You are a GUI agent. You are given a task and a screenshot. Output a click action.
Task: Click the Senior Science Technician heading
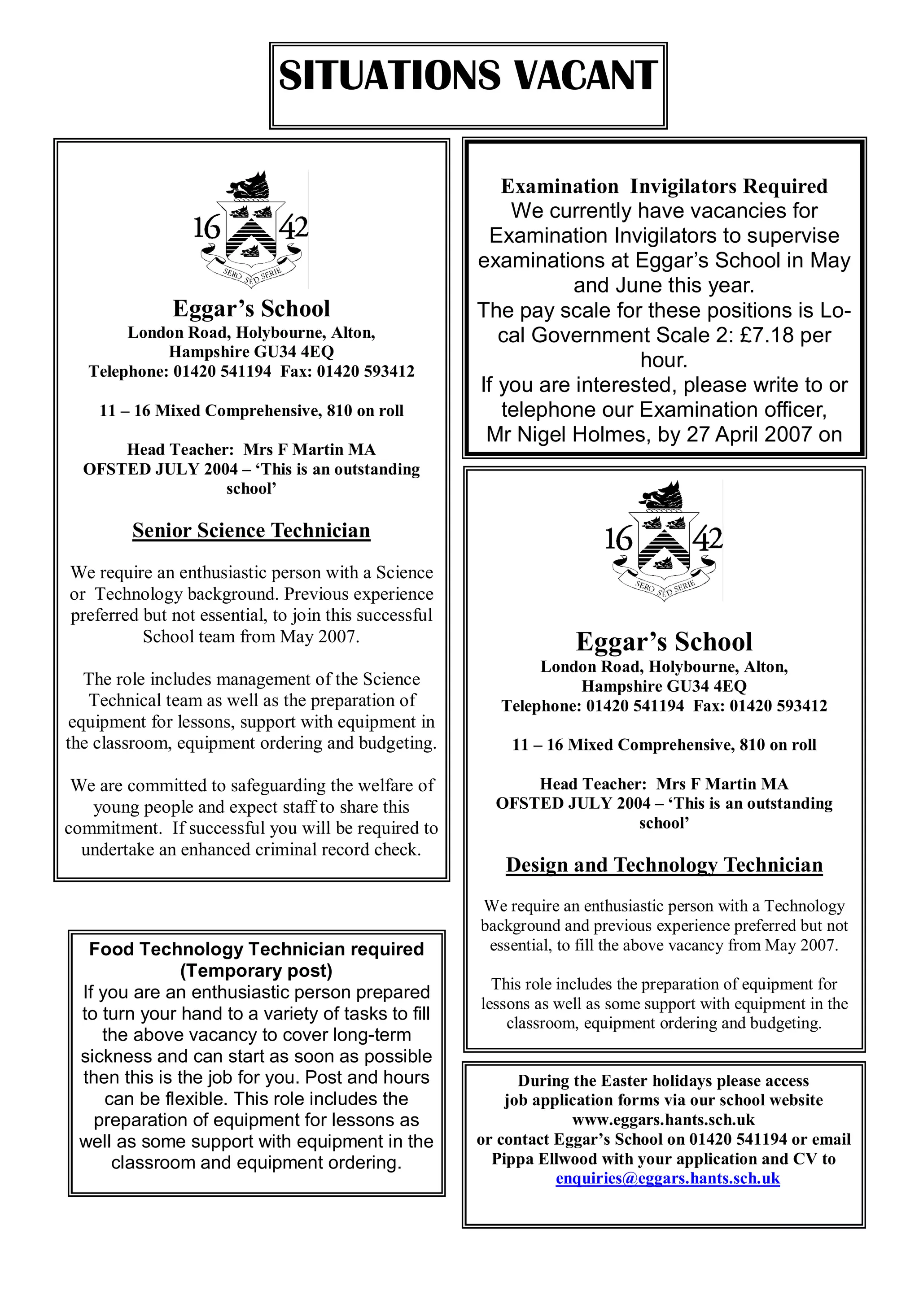point(251,531)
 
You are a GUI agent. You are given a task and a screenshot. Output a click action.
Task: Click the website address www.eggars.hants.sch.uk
point(663,1120)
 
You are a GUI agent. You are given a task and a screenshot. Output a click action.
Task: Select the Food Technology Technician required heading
point(256,950)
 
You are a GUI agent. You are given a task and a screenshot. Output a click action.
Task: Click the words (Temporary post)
point(256,971)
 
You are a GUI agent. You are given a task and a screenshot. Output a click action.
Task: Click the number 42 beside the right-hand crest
point(708,538)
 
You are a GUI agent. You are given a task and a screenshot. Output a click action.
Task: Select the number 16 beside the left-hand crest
point(206,228)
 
